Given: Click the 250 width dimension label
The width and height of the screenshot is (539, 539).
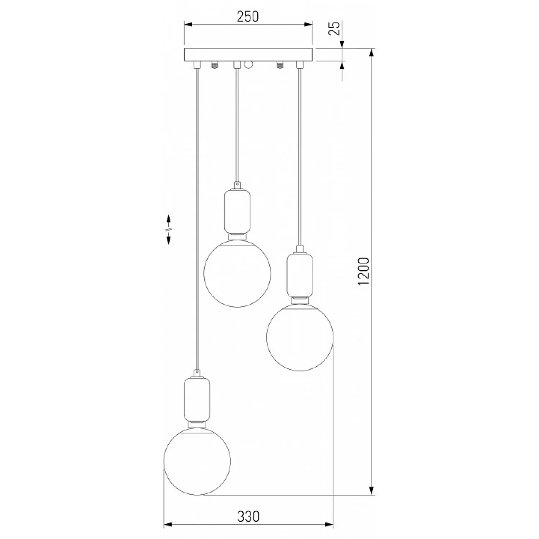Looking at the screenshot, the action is [x=248, y=17].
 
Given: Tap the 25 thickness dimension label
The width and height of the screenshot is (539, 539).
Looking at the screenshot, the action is [x=334, y=28].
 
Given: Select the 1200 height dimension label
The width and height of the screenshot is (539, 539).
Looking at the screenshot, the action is [x=364, y=271].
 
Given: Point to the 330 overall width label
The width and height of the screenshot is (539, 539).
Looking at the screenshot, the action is [x=248, y=516].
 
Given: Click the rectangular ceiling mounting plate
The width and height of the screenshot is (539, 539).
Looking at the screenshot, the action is [x=249, y=55].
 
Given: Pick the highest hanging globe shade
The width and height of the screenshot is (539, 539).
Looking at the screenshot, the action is [x=237, y=273].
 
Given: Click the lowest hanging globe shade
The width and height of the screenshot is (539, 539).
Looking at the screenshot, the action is [x=197, y=461].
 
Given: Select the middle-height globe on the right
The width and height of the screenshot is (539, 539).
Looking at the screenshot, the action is [x=300, y=337].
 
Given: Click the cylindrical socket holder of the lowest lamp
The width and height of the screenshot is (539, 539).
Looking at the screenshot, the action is [x=197, y=399].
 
